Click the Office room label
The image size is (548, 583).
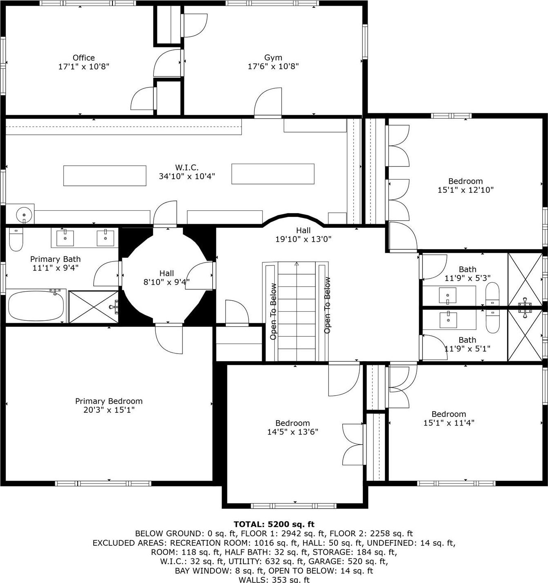(x=83, y=58)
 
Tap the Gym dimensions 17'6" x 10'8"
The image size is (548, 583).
(x=273, y=66)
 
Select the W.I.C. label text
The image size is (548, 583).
(x=187, y=167)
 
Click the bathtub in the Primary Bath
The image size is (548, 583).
(x=36, y=306)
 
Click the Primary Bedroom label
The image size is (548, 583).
(x=109, y=401)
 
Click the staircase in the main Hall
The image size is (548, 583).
(x=296, y=311)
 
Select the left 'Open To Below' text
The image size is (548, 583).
(x=273, y=311)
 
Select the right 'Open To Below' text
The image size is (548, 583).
(x=327, y=305)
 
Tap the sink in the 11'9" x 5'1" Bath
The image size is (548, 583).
(x=449, y=320)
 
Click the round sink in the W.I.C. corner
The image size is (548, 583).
(x=24, y=214)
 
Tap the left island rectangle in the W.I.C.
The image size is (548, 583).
(x=105, y=176)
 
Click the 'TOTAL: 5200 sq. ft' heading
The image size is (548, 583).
(x=274, y=524)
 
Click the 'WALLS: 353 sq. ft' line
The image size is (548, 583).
(x=274, y=579)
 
